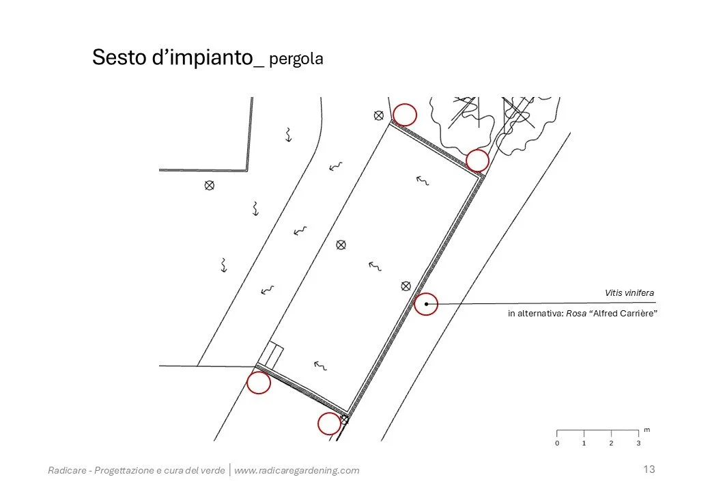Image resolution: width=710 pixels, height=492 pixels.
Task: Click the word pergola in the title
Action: (x=296, y=59)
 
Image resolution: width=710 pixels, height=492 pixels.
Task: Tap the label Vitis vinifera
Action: (x=629, y=293)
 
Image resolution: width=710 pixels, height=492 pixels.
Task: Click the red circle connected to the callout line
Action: (x=426, y=303)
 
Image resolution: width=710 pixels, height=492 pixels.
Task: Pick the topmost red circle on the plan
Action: (x=405, y=114)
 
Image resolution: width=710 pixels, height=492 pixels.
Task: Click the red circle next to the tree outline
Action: (x=477, y=161)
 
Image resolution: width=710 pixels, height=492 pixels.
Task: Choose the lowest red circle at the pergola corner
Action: (x=329, y=424)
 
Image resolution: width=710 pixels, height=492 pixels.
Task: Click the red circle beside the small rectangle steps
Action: (x=259, y=383)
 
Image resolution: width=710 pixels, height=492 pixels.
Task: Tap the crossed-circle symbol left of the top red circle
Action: (x=378, y=115)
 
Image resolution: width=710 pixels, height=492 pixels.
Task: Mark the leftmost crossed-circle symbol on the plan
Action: (x=210, y=185)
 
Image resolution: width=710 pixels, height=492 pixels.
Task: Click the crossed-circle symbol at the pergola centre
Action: (x=341, y=245)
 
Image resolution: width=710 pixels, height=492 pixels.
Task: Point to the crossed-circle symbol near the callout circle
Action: (x=406, y=285)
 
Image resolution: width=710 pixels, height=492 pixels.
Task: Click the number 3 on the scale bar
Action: (x=638, y=443)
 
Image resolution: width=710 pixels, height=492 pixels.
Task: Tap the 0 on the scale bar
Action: (x=557, y=443)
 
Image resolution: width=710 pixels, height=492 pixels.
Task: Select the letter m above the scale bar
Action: (x=647, y=430)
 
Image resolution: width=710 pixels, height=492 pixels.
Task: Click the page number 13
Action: (x=649, y=469)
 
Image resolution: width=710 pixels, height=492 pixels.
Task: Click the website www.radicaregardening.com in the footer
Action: (x=296, y=470)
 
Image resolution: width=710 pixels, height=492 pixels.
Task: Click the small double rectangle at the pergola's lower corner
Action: (x=274, y=355)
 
